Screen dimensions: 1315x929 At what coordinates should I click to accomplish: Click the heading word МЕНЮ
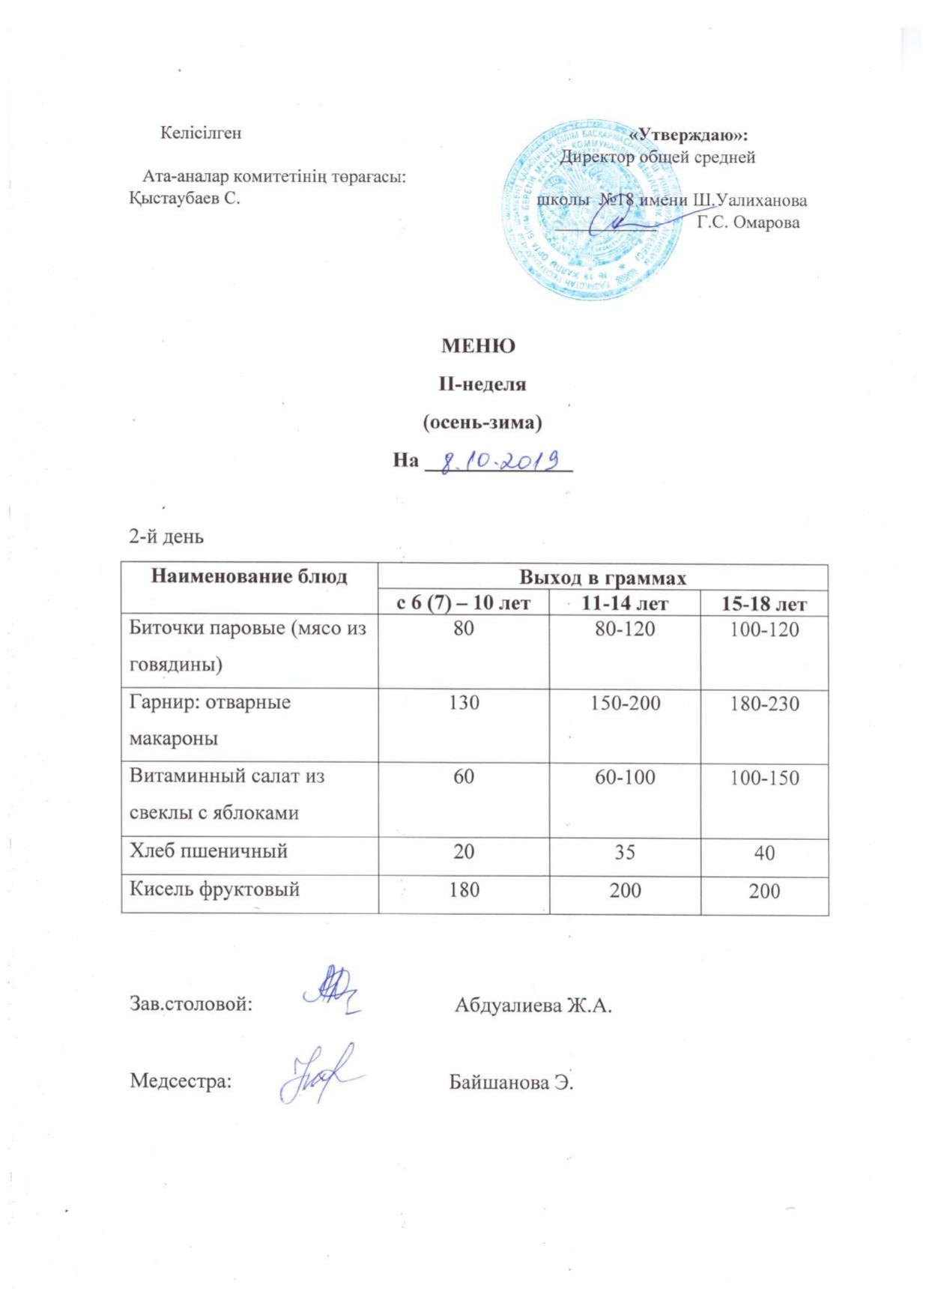click(478, 346)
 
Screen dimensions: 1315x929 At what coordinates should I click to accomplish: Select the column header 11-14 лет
click(625, 603)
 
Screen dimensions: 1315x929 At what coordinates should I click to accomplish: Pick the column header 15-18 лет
click(764, 604)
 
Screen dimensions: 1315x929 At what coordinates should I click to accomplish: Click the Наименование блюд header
click(249, 576)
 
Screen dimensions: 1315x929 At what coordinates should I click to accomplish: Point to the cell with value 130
click(464, 703)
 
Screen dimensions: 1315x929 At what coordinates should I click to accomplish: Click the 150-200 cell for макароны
click(625, 703)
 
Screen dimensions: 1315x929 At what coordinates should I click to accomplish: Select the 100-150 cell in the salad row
click(764, 777)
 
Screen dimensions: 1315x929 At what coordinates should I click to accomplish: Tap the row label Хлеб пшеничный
click(209, 850)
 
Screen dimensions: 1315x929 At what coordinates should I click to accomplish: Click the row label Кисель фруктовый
click(215, 889)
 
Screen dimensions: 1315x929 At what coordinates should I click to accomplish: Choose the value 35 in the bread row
click(625, 852)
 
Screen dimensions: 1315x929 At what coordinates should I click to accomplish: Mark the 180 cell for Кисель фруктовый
click(464, 889)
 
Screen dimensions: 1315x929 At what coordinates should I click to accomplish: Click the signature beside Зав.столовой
click(331, 992)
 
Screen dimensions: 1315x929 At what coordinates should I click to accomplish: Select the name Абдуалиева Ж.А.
click(533, 1005)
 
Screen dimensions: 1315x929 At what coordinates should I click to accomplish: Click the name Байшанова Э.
click(511, 1082)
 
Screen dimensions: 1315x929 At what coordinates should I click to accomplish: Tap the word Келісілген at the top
click(201, 133)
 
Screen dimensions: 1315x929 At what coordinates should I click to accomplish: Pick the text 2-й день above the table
click(166, 536)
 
